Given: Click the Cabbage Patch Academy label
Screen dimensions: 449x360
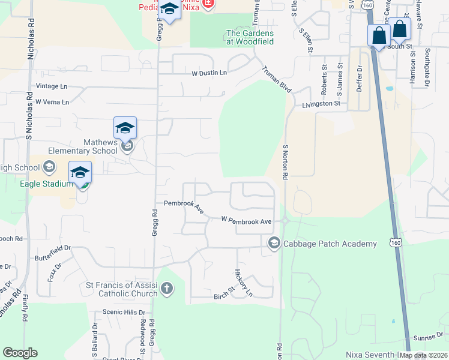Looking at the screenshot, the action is click(x=330, y=244).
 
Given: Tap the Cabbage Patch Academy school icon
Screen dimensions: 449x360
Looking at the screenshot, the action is click(x=274, y=242).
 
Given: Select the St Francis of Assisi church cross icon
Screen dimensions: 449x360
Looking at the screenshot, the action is click(x=167, y=290).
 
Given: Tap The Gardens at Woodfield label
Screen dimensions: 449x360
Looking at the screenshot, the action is click(x=250, y=37).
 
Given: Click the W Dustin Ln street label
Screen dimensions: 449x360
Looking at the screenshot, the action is click(x=209, y=73).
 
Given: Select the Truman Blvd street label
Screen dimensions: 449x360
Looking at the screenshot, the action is click(x=277, y=79).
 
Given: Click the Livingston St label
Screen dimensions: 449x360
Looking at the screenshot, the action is click(x=321, y=104).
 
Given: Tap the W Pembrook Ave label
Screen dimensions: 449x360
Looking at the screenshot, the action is click(x=247, y=221).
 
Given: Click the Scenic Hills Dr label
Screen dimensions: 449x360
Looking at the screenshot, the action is click(x=124, y=312).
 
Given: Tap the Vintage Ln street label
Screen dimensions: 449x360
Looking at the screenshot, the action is click(x=52, y=86).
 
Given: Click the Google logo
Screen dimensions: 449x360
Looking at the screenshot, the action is click(x=20, y=353).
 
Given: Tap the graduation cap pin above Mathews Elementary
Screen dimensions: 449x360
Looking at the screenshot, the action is click(x=125, y=127).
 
